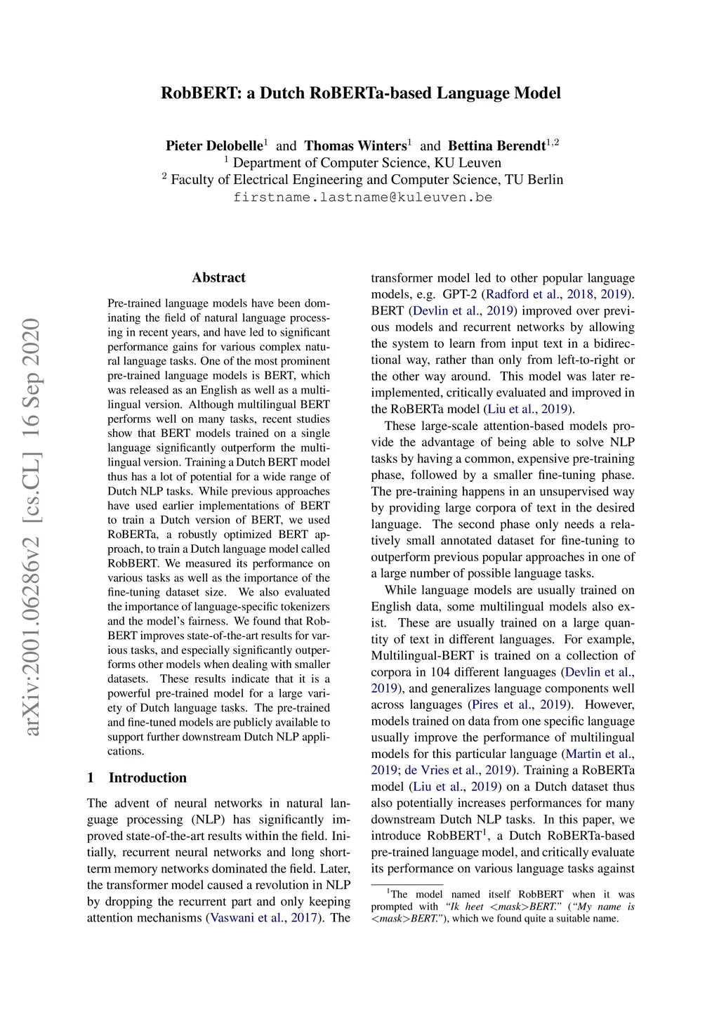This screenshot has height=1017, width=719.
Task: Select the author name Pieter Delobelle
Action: click(x=213, y=146)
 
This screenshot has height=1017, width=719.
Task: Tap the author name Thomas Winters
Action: click(x=355, y=146)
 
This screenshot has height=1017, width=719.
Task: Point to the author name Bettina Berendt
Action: click(x=496, y=146)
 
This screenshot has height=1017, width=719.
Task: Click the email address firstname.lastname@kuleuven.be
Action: click(x=362, y=197)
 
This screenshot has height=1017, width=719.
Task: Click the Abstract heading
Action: click(x=218, y=277)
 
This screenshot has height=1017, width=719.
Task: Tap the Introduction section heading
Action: click(x=147, y=777)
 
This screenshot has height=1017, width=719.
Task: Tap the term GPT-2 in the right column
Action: click(x=460, y=294)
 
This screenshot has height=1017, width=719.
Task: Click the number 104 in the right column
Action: click(x=441, y=672)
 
